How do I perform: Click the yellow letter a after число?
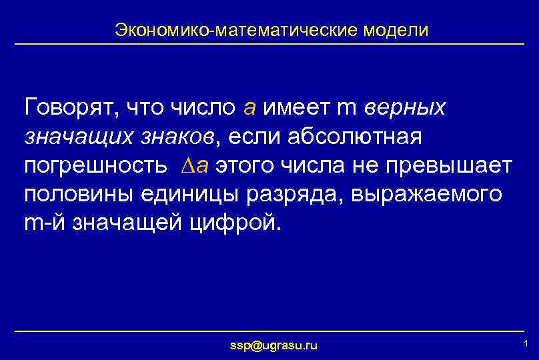[249, 107]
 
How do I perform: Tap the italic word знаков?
[176, 136]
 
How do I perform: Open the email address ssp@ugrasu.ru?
[274, 345]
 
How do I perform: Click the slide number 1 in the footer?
[526, 344]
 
